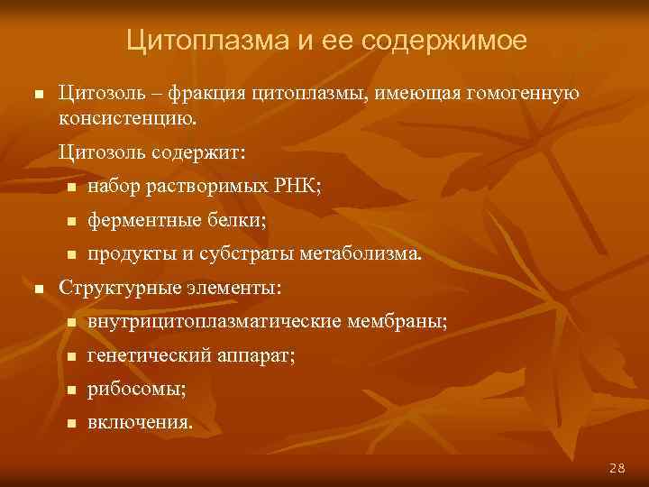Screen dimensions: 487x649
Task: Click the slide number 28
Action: tap(617, 467)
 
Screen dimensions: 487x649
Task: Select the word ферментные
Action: tap(139, 220)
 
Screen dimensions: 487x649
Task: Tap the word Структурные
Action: tap(112, 289)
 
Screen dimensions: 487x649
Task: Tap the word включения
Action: tap(139, 424)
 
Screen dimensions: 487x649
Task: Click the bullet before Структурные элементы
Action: tap(37, 289)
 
